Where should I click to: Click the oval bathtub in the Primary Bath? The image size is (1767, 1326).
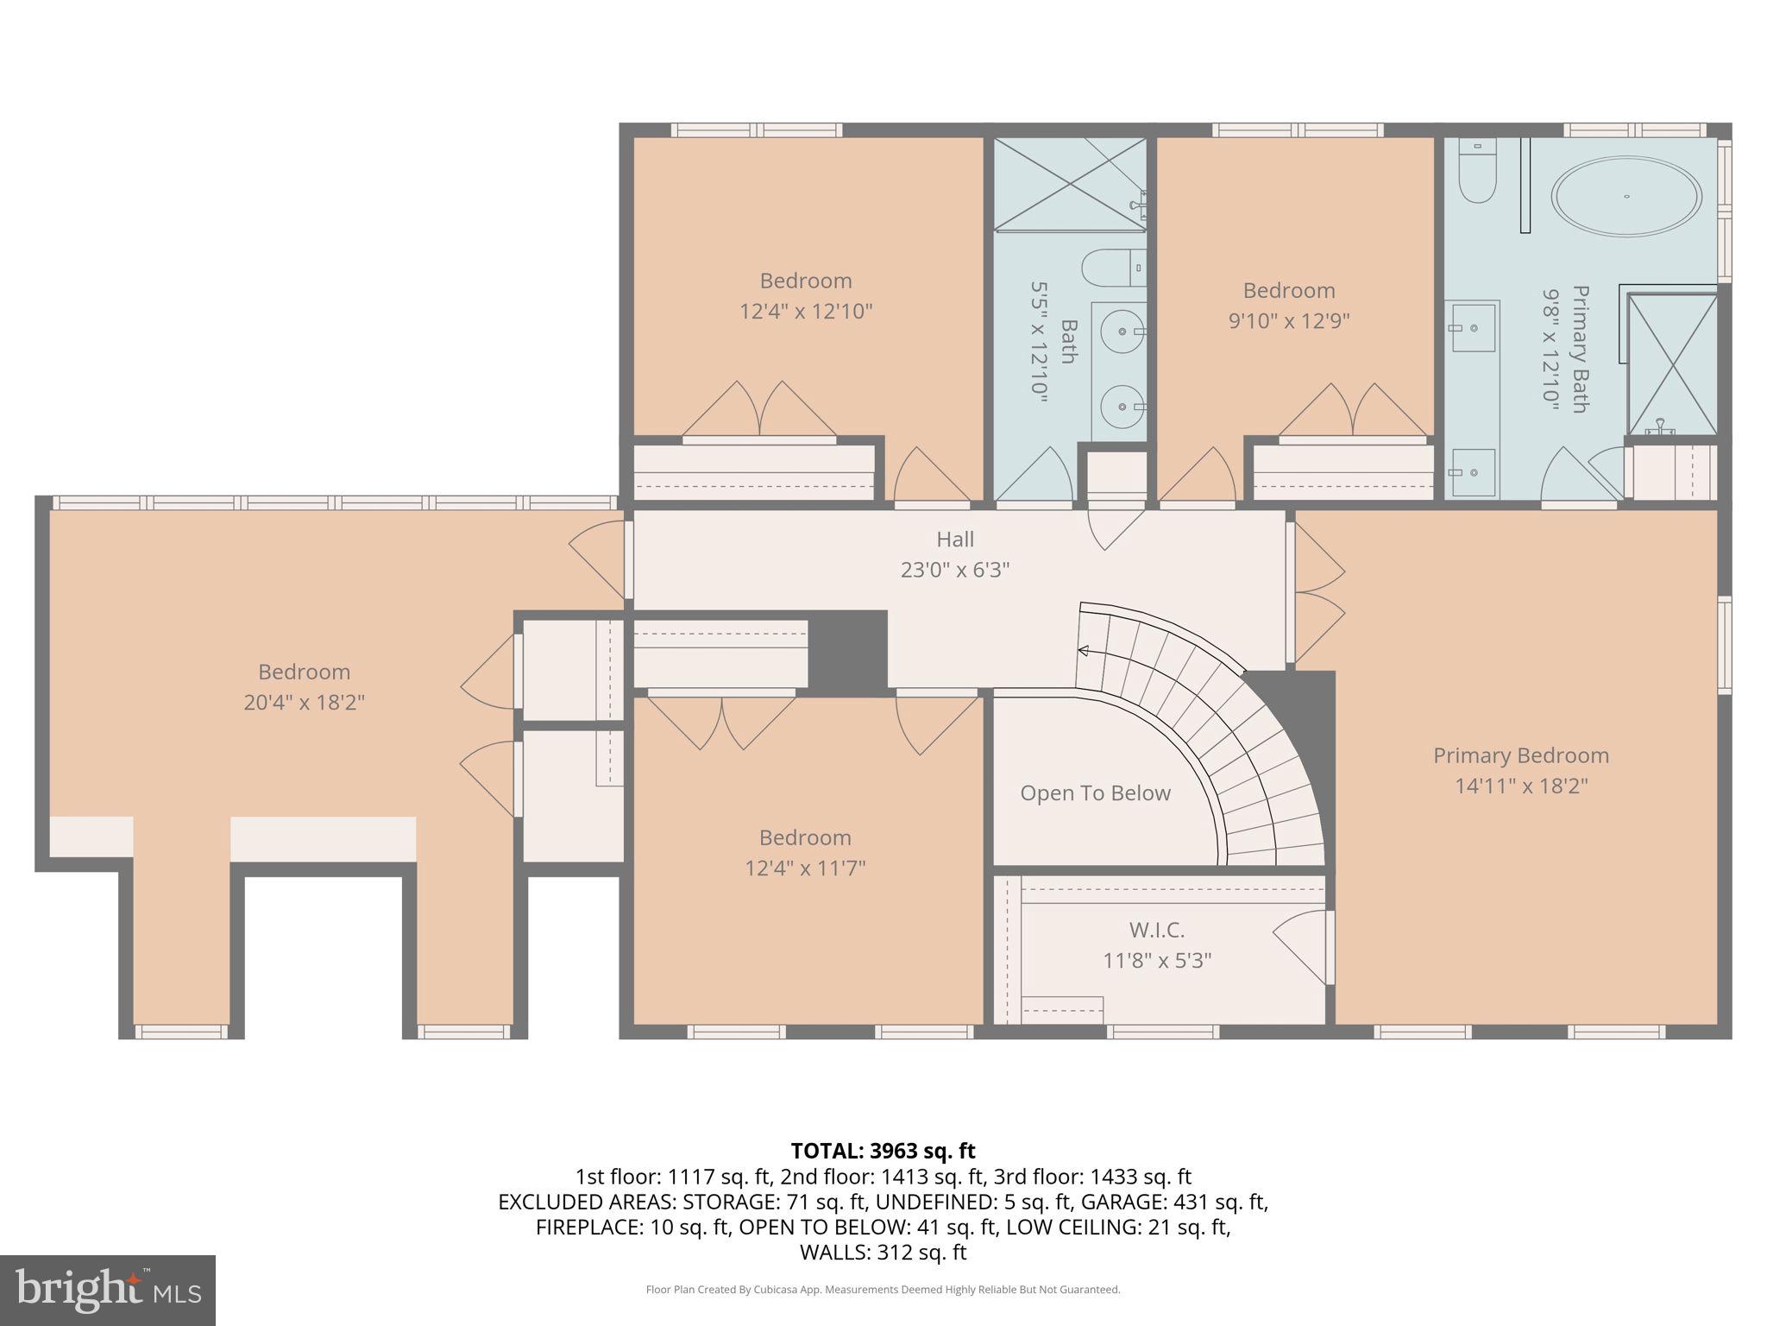click(x=1626, y=196)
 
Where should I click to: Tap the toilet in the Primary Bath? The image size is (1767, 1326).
click(x=1476, y=174)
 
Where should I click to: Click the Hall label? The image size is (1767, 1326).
click(x=955, y=540)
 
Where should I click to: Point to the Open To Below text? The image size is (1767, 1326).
click(x=1095, y=793)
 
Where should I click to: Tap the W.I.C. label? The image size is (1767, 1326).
click(x=1156, y=930)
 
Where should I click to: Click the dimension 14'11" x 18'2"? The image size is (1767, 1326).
click(x=1521, y=786)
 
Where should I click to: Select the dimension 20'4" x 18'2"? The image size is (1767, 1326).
click(x=304, y=703)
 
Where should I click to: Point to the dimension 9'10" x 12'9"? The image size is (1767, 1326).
click(x=1289, y=321)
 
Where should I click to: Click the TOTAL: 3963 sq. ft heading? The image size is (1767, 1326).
click(x=883, y=1151)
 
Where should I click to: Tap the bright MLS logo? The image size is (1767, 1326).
click(x=108, y=1290)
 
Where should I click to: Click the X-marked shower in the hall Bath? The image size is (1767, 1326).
click(x=1070, y=183)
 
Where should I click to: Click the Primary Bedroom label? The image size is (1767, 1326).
click(x=1521, y=755)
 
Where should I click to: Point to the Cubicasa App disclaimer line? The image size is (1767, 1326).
click(x=883, y=1290)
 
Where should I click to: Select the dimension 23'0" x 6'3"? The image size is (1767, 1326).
click(x=955, y=571)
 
